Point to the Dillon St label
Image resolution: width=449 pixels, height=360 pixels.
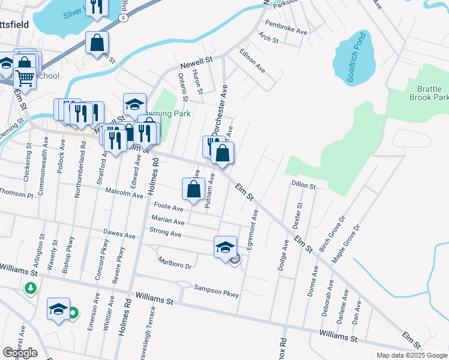point(304,186)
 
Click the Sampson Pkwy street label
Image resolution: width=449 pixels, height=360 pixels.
point(216,292)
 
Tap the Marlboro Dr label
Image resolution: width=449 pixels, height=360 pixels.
point(174,263)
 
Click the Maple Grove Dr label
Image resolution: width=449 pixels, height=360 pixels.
point(346,244)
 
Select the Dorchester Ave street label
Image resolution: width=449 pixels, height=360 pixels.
point(218,110)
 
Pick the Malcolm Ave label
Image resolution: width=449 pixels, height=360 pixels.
point(124,195)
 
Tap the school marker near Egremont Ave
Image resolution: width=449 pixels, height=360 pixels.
point(225,247)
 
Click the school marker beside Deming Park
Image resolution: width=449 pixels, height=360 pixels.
point(134,104)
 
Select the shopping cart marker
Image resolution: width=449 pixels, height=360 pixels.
point(24,77)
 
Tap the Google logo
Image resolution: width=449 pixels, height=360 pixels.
point(20,353)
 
